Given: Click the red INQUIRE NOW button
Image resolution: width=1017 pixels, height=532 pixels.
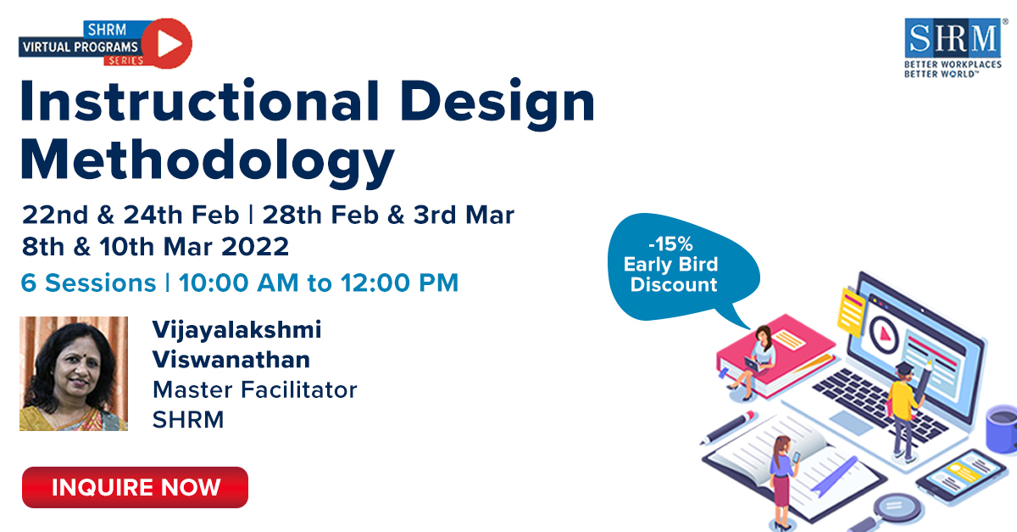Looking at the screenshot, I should pyautogui.click(x=135, y=487).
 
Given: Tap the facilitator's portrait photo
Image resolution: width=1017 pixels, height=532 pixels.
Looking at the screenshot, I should pyautogui.click(x=74, y=373).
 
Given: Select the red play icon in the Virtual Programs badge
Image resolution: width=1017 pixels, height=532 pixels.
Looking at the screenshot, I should pyautogui.click(x=166, y=43).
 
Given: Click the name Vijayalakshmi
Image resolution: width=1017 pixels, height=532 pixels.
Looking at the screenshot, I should pyautogui.click(x=236, y=328).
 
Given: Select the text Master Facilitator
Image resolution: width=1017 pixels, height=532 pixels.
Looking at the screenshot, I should pyautogui.click(x=254, y=389).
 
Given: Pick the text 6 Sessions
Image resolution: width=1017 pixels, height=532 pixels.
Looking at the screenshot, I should pyautogui.click(x=88, y=283).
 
